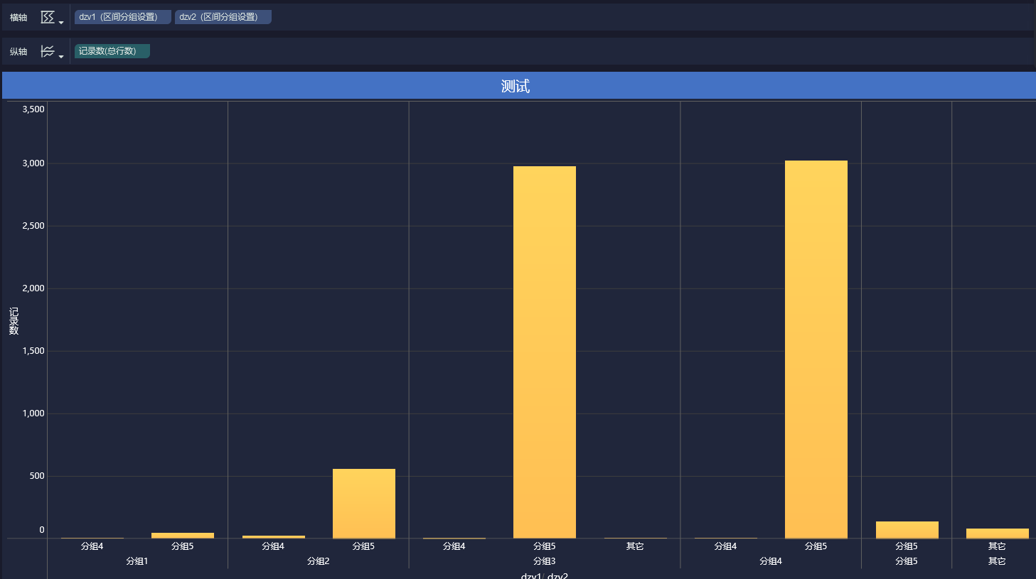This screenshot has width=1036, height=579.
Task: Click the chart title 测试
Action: click(516, 86)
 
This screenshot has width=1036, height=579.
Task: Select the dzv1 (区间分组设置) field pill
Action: click(122, 17)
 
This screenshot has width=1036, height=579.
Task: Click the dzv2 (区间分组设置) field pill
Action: click(223, 17)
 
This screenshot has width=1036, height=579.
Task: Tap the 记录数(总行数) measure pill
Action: click(112, 51)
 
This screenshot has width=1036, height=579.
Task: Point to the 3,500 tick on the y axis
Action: click(33, 109)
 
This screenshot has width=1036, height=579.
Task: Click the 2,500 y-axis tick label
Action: click(33, 225)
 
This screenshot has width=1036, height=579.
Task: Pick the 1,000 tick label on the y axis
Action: click(33, 413)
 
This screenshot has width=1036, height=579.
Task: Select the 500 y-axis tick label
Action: click(37, 475)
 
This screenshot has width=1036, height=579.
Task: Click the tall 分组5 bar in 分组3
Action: click(545, 352)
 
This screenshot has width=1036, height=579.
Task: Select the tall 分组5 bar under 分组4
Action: click(816, 350)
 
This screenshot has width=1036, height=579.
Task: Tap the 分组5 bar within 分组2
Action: click(364, 504)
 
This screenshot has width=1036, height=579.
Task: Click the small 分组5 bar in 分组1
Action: click(183, 536)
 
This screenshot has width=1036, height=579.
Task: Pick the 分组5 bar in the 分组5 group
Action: click(907, 530)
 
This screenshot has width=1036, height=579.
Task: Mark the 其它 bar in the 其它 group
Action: click(998, 534)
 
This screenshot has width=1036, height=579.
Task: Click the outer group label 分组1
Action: click(137, 561)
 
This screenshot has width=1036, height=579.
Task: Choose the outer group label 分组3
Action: click(545, 561)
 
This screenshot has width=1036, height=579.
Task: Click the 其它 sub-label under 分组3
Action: click(635, 546)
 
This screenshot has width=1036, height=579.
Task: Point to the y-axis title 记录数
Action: click(14, 321)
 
